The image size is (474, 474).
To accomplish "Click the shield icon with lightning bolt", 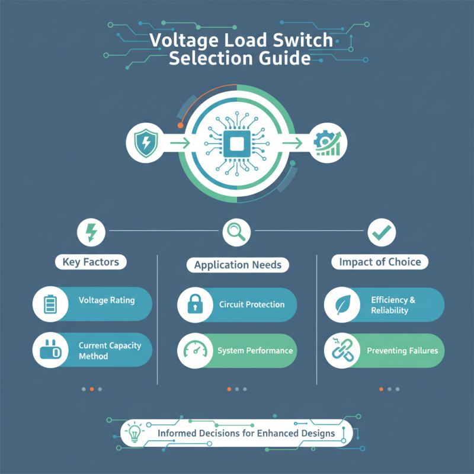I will point(145,142).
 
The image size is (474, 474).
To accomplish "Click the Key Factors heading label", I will point(91,261).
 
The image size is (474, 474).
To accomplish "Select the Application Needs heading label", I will point(238,264).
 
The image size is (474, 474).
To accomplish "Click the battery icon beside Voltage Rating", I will point(49,303).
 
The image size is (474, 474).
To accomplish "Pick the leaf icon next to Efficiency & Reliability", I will point(341,305).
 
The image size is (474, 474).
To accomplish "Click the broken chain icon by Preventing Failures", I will point(341,350).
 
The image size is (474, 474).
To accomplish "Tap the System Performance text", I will point(255,351).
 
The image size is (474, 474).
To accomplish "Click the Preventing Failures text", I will point(402,351).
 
